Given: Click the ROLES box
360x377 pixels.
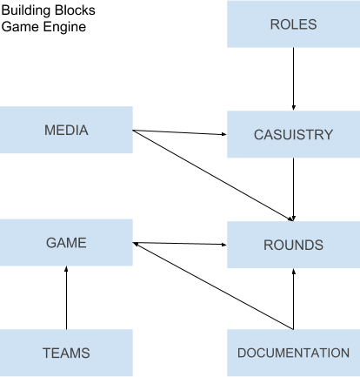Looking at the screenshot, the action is point(293,24).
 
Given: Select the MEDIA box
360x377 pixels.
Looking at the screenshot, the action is point(66,130).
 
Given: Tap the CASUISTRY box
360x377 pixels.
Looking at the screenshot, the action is point(293,134).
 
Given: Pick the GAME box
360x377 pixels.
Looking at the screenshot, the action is point(66,242).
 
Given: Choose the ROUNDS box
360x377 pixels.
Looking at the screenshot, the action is point(293,245).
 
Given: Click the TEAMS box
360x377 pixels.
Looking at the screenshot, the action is point(66,353).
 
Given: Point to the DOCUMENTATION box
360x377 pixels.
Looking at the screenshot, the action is point(293,353).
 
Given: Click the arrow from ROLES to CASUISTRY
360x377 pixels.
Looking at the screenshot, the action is point(293,79).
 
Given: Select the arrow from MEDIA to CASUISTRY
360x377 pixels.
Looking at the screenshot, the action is point(180,132).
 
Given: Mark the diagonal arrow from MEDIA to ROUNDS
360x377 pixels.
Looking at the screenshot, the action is point(213,176).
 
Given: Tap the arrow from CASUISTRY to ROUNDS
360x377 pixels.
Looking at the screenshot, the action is point(293,190).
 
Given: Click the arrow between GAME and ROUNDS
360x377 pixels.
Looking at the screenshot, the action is point(180,244).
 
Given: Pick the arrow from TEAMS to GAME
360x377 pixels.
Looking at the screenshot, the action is point(66,298).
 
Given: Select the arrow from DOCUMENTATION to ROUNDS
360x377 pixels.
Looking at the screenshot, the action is point(293,299).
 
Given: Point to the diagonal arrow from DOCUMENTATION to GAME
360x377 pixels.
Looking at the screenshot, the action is point(213,286).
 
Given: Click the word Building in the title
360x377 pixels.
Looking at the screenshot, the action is point(27,10).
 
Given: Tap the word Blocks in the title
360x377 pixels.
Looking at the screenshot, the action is point(75,10).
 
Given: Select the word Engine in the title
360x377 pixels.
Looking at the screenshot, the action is point(64,27).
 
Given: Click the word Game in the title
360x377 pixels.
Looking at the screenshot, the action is point(21,27).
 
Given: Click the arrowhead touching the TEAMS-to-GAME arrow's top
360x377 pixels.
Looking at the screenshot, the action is point(66,268).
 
